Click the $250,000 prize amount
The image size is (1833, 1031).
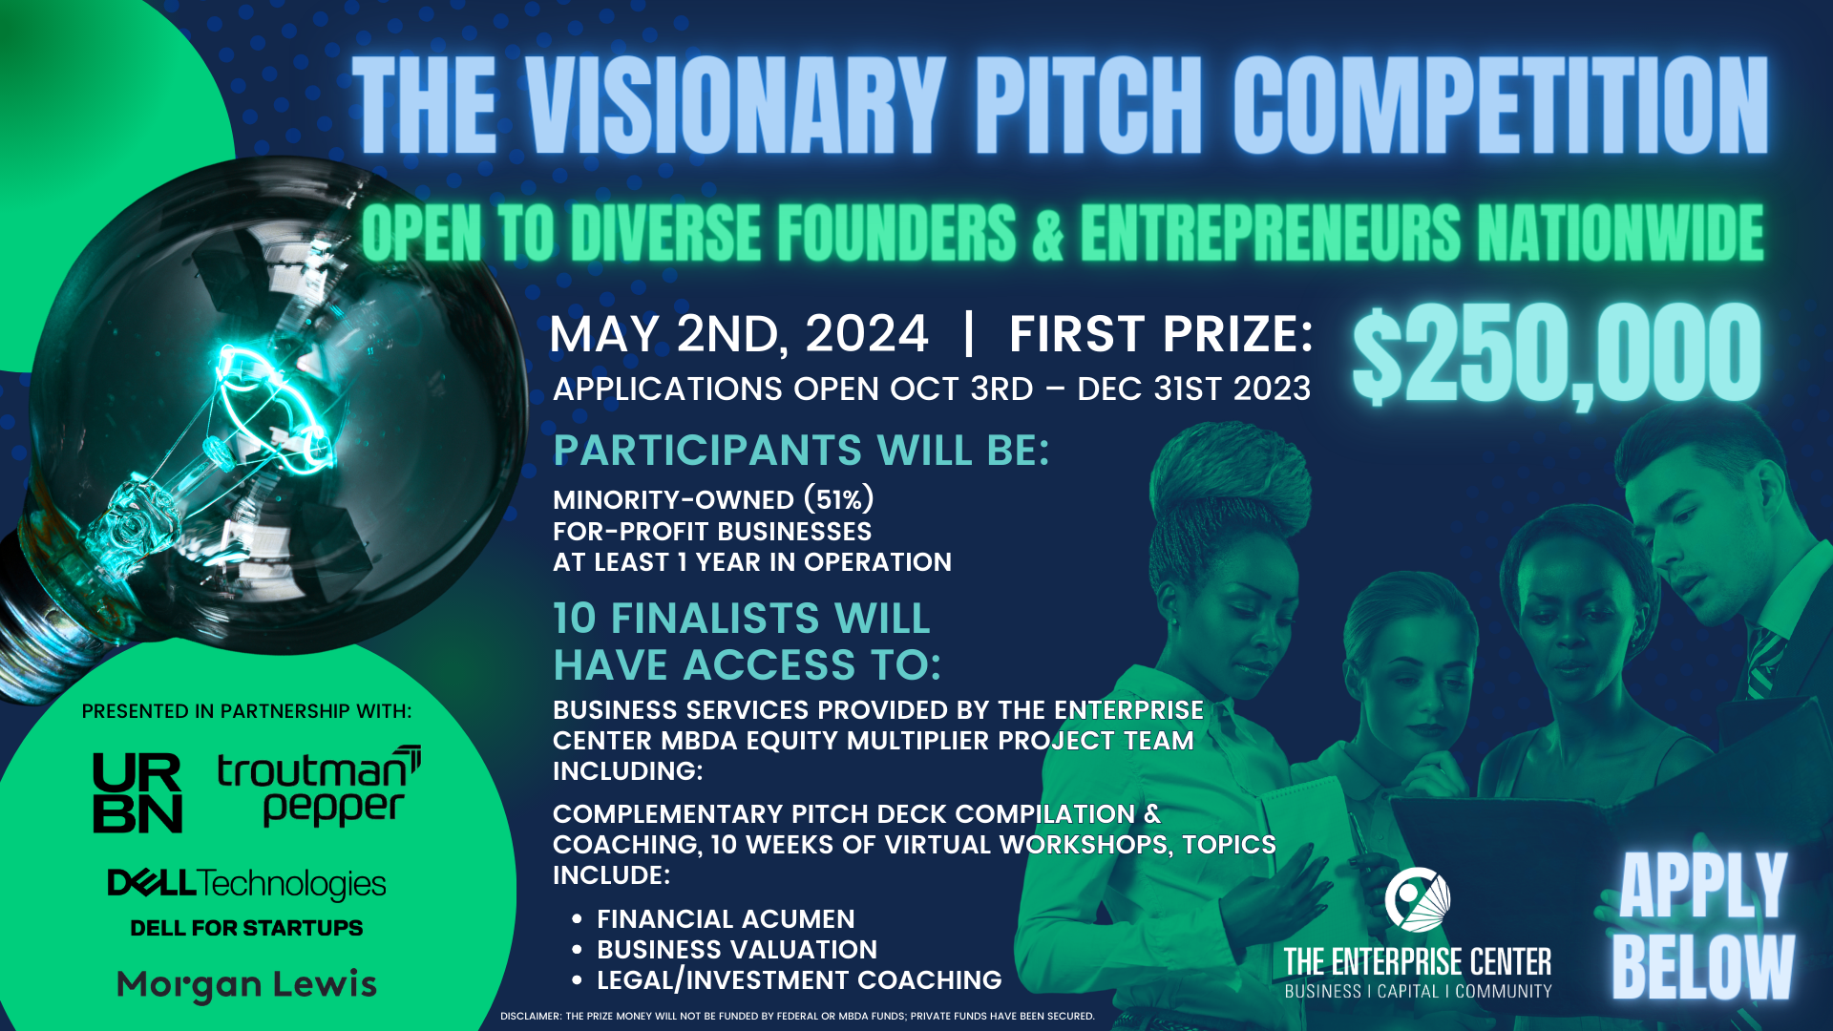click(x=1556, y=355)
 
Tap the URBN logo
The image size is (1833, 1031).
click(x=137, y=792)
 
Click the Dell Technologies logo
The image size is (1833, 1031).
click(x=246, y=884)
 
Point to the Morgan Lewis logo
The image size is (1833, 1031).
click(x=246, y=984)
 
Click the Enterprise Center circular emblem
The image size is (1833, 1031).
click(x=1418, y=899)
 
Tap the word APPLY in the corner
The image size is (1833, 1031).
click(x=1702, y=886)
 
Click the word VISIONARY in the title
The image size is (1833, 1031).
click(x=735, y=105)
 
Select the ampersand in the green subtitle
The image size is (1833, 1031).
click(x=1047, y=234)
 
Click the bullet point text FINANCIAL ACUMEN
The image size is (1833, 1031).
click(x=726, y=918)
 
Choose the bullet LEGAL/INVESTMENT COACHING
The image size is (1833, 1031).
click(x=799, y=979)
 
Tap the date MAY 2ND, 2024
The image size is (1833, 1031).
click(x=738, y=334)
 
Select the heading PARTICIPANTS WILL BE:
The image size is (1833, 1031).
click(x=801, y=451)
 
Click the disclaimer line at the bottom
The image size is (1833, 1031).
click(x=797, y=1016)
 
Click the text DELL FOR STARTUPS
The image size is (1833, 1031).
click(x=246, y=928)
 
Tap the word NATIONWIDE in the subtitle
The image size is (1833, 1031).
click(x=1619, y=234)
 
